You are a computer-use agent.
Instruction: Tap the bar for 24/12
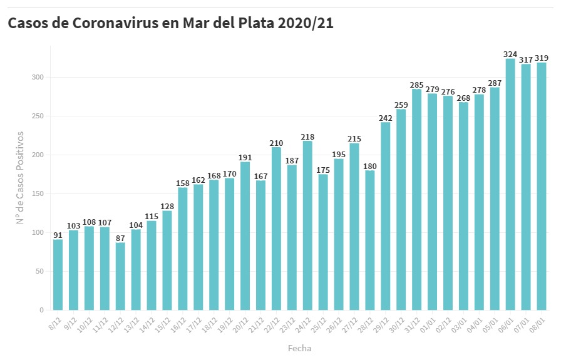307,225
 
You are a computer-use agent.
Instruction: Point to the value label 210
276,143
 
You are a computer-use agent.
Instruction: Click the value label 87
120,238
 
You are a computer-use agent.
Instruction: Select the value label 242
385,118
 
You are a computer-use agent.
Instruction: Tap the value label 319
541,58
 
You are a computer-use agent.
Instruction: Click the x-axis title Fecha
299,348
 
